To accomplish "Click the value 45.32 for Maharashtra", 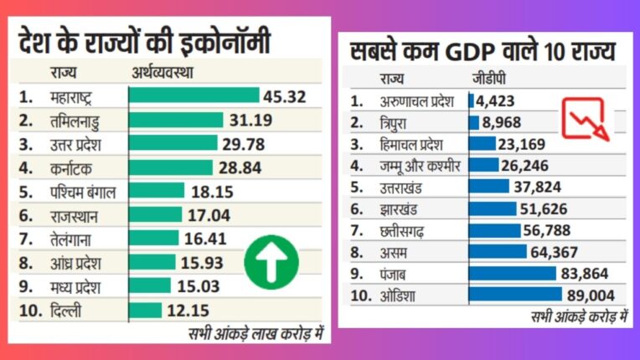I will [x=283, y=95].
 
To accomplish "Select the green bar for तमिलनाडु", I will [x=175, y=120].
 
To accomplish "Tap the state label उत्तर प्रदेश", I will [x=79, y=143].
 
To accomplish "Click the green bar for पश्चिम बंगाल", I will [x=156, y=191].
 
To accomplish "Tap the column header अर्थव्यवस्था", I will [x=163, y=72].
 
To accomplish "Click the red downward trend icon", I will [x=584, y=117].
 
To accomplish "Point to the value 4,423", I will [x=497, y=101].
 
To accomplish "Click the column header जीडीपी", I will [x=486, y=80].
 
